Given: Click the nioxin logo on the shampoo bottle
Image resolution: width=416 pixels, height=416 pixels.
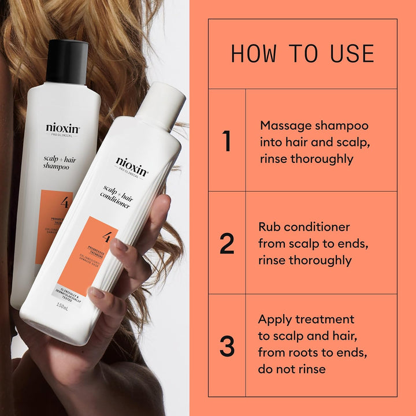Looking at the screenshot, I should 62,128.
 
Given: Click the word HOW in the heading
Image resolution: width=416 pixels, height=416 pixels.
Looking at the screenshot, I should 251,54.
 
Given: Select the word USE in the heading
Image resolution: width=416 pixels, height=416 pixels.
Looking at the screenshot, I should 352,54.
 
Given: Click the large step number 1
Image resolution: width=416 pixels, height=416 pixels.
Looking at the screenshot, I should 227,142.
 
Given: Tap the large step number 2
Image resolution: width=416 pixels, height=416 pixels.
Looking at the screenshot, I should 227,244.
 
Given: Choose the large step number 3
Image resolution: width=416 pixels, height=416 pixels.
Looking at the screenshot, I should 227,345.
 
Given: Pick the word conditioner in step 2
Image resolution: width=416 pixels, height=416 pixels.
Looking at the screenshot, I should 320,227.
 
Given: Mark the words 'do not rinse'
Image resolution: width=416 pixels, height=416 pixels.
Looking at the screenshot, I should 292,369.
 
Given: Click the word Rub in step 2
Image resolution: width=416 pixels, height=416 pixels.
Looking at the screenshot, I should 270,227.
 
